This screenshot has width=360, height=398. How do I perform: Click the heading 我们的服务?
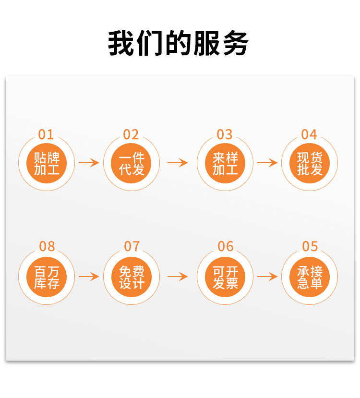178,44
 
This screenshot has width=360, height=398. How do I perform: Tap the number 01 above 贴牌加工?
46,134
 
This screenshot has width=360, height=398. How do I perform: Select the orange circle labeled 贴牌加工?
47,163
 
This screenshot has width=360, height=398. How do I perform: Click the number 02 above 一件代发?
131,134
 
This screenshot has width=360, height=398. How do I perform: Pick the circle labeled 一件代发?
132,163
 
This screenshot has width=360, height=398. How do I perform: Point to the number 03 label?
225,134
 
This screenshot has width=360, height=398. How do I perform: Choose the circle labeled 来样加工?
225,163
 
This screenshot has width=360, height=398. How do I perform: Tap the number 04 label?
309,134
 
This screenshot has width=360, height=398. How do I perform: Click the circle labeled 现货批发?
310,163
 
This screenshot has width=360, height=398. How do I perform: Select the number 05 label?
310,247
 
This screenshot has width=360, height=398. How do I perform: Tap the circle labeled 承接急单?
310,277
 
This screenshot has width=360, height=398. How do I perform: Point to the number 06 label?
225,247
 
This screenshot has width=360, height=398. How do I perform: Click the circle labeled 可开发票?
225,277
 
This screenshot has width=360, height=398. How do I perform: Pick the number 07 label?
132,247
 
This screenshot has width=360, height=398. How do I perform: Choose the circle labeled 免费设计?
132,277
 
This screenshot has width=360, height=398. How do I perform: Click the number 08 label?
47,247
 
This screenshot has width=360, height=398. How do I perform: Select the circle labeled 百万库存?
47,277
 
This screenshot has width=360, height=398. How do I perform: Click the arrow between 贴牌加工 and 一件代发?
89,163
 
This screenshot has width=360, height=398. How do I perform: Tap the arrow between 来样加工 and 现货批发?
267,163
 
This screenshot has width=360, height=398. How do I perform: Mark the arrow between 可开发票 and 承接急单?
267,277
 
